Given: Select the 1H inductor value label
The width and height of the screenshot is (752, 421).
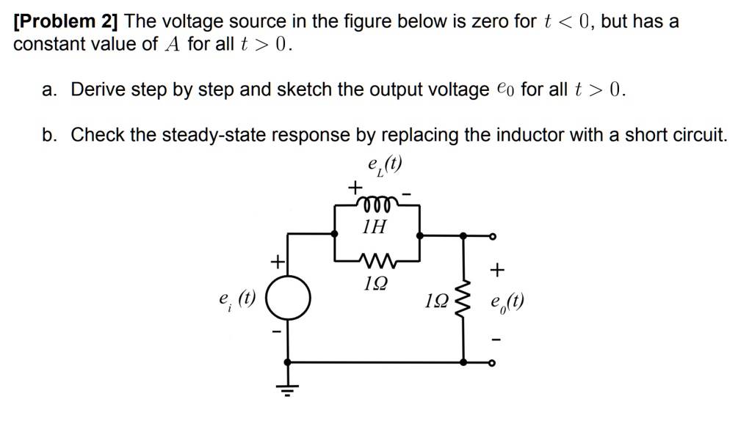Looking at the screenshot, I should tap(376, 227).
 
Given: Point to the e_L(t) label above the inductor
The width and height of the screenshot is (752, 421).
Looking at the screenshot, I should tap(386, 166).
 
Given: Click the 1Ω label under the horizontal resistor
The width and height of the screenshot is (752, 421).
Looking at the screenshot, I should tap(376, 282).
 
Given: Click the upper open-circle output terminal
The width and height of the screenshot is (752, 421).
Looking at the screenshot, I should tap(492, 236).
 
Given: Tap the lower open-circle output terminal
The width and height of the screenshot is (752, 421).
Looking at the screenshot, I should tap(492, 362).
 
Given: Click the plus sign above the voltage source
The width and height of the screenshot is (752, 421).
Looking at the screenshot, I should tap(278, 260).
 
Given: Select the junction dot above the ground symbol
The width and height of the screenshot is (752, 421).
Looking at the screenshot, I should tap(288, 362).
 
